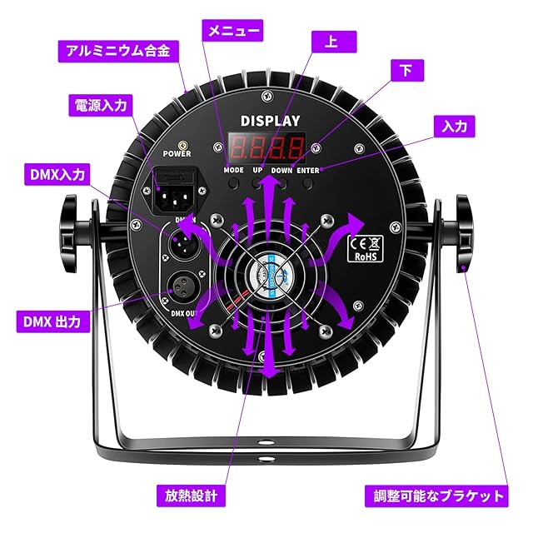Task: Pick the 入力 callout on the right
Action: click(x=455, y=126)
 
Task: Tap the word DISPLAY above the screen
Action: click(x=270, y=121)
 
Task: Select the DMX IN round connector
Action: click(x=183, y=244)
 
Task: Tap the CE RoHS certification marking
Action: click(x=364, y=247)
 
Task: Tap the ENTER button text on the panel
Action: click(x=307, y=170)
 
